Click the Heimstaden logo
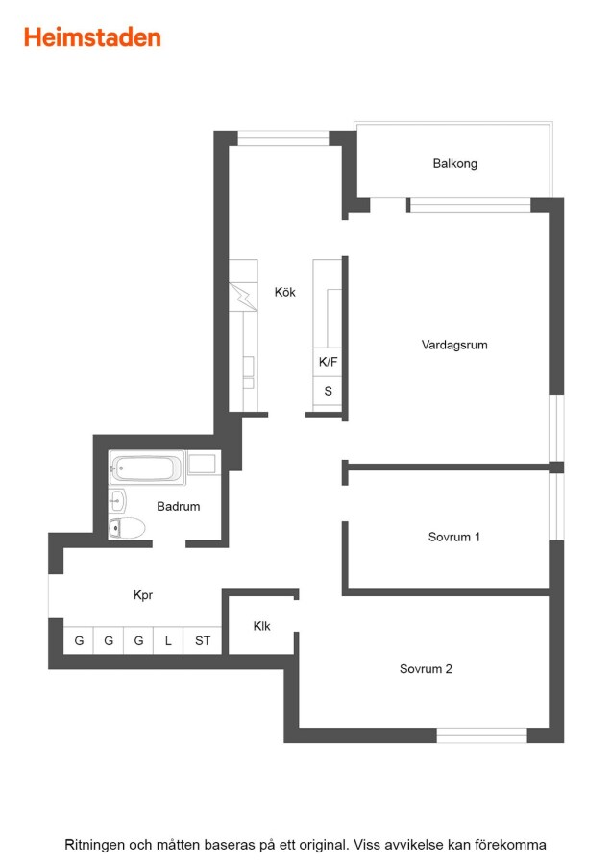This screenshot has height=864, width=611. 92,37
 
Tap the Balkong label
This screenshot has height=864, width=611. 455,163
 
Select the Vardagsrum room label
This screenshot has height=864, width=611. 454,345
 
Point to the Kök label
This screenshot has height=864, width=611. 285,292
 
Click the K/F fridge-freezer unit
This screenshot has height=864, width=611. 328,362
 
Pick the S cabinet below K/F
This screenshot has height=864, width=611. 328,392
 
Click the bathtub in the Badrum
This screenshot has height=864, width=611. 147,468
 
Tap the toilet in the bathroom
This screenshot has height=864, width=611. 127,528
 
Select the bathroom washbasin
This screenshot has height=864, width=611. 117,501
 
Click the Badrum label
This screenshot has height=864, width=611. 178,506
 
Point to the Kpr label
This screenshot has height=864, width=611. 143,595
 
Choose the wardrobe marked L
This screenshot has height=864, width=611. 168,640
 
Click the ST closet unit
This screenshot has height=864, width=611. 203,640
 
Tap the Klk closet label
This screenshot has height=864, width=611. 262,626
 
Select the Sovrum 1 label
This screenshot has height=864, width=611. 453,537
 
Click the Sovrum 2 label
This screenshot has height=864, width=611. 426,669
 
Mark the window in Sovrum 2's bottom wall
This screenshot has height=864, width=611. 482,735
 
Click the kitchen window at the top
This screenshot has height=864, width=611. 282,137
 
